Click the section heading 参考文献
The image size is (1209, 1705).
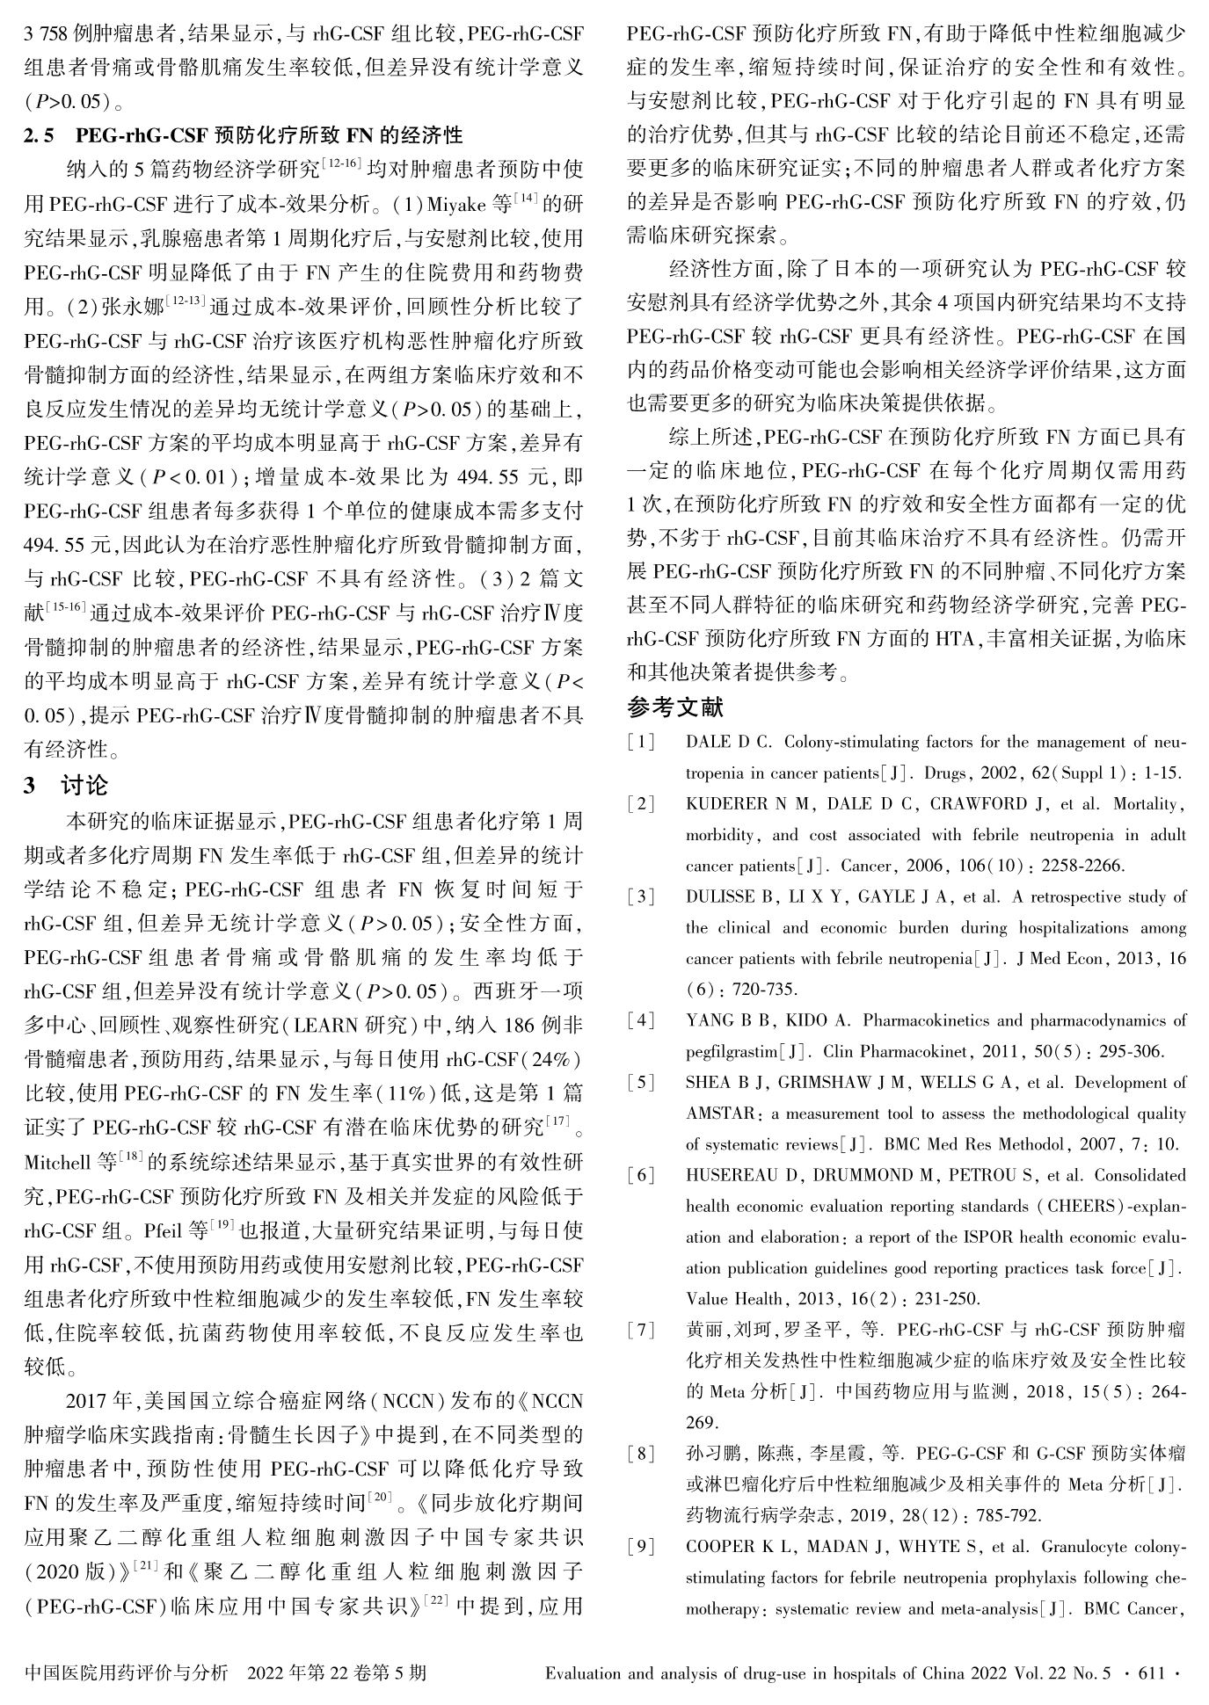[674, 707]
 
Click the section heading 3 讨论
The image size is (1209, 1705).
[66, 786]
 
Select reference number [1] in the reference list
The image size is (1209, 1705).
[641, 743]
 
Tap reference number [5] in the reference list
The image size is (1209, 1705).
[641, 1083]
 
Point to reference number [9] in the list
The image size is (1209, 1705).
[641, 1547]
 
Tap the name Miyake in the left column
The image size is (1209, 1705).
[455, 206]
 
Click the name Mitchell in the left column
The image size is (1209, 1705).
[58, 1164]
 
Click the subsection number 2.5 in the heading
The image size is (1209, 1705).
[39, 136]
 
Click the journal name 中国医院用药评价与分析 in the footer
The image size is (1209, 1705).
[127, 1674]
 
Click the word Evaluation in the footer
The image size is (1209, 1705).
[584, 1674]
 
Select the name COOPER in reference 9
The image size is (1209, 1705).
[718, 1547]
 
